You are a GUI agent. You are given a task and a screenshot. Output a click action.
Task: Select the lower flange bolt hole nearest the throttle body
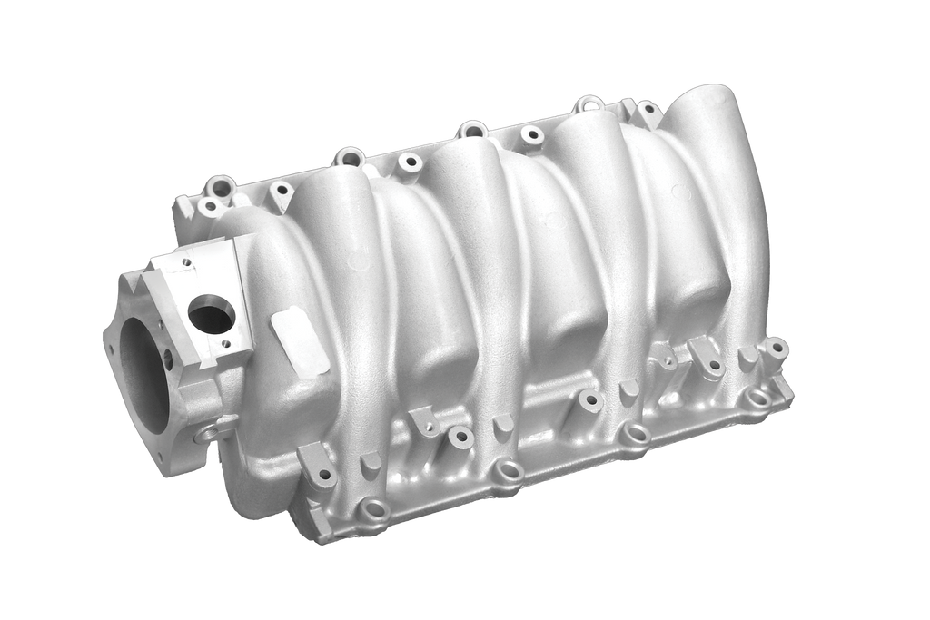coord(373,509)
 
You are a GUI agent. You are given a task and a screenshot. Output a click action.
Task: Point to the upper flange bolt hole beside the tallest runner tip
coord(648,113)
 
